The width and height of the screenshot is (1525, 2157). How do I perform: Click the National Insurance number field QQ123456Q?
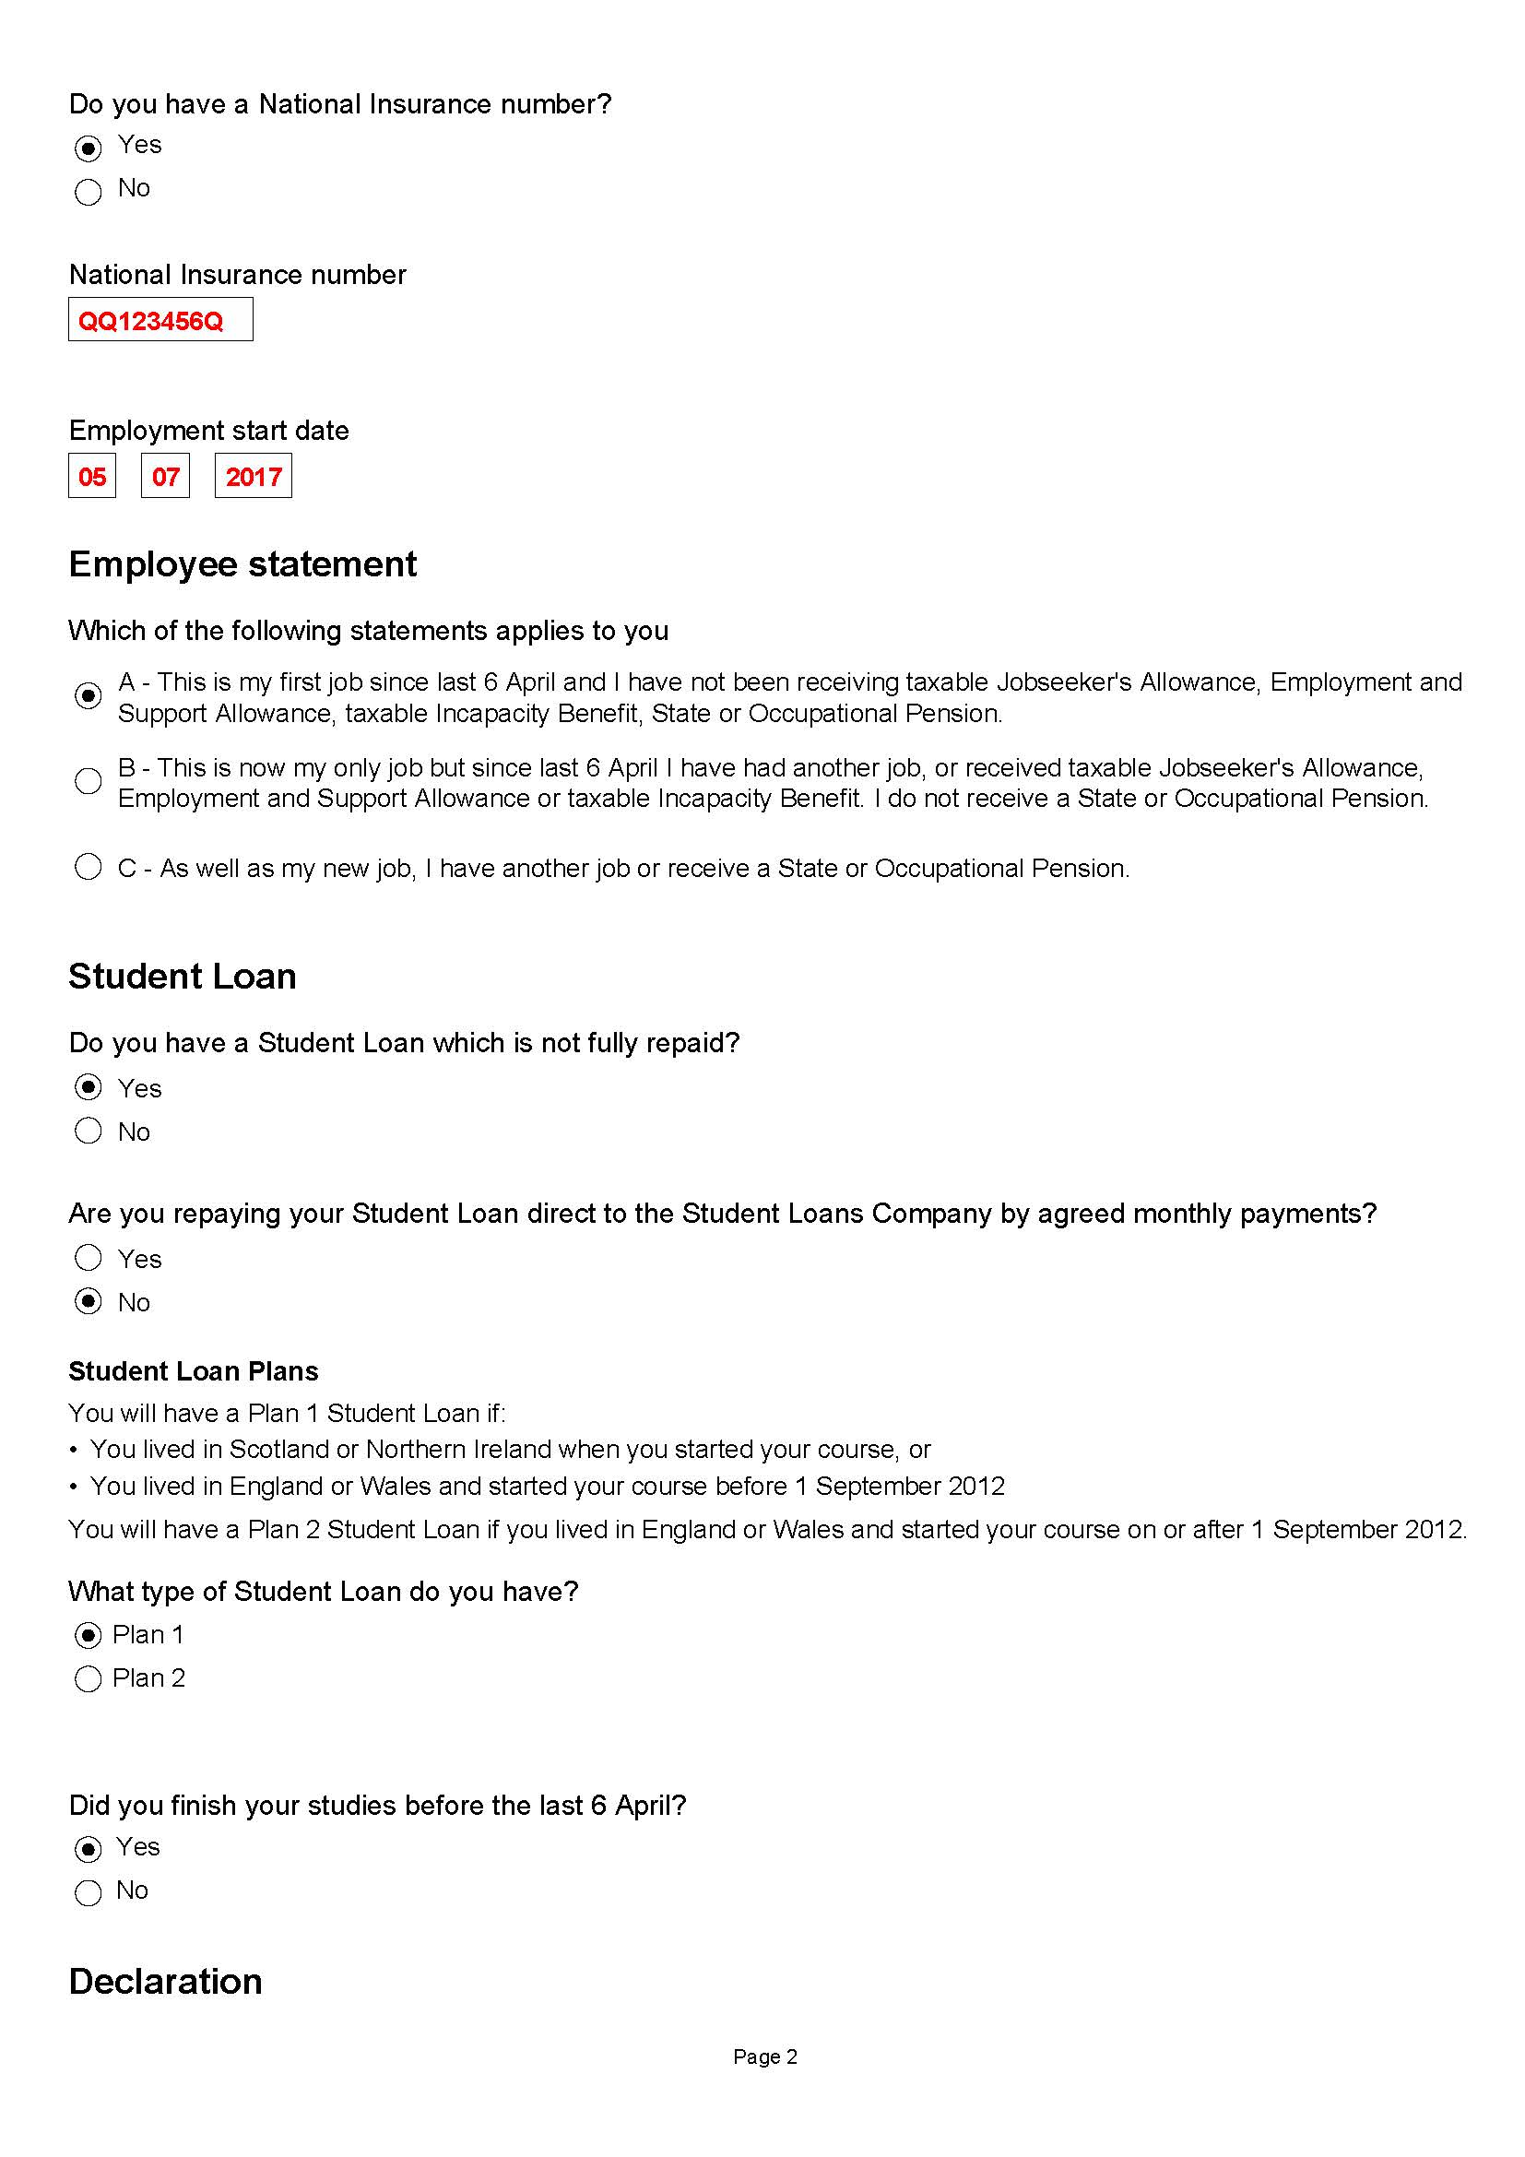tap(160, 319)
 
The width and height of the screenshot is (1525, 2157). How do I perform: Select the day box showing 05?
tap(92, 476)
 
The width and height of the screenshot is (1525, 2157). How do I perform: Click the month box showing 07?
tap(165, 476)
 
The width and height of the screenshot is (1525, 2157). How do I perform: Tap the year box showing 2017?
tap(253, 476)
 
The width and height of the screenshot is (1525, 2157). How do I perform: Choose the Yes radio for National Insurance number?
tap(89, 148)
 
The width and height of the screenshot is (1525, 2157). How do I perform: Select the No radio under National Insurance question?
tap(89, 192)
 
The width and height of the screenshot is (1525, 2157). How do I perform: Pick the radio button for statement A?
tap(89, 695)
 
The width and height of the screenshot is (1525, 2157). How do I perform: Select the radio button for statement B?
tap(89, 781)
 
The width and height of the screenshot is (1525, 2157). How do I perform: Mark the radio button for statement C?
tap(89, 866)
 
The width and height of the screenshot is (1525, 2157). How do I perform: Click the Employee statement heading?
tap(242, 564)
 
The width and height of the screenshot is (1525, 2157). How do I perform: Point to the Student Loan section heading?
tap(183, 976)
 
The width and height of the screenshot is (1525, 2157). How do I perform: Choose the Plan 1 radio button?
tap(89, 1636)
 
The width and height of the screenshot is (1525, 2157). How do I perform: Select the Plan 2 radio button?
tap(89, 1678)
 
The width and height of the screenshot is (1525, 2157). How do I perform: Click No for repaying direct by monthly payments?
tap(89, 1301)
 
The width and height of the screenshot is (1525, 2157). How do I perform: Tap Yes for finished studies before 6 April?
tap(89, 1849)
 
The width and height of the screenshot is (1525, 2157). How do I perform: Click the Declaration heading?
tap(165, 1981)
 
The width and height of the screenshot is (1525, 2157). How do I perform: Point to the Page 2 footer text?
tap(764, 2056)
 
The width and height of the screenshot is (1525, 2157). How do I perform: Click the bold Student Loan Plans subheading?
tap(194, 1371)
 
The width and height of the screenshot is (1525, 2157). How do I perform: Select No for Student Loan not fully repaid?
tap(89, 1131)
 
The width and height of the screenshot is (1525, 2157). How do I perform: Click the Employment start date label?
tap(208, 431)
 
